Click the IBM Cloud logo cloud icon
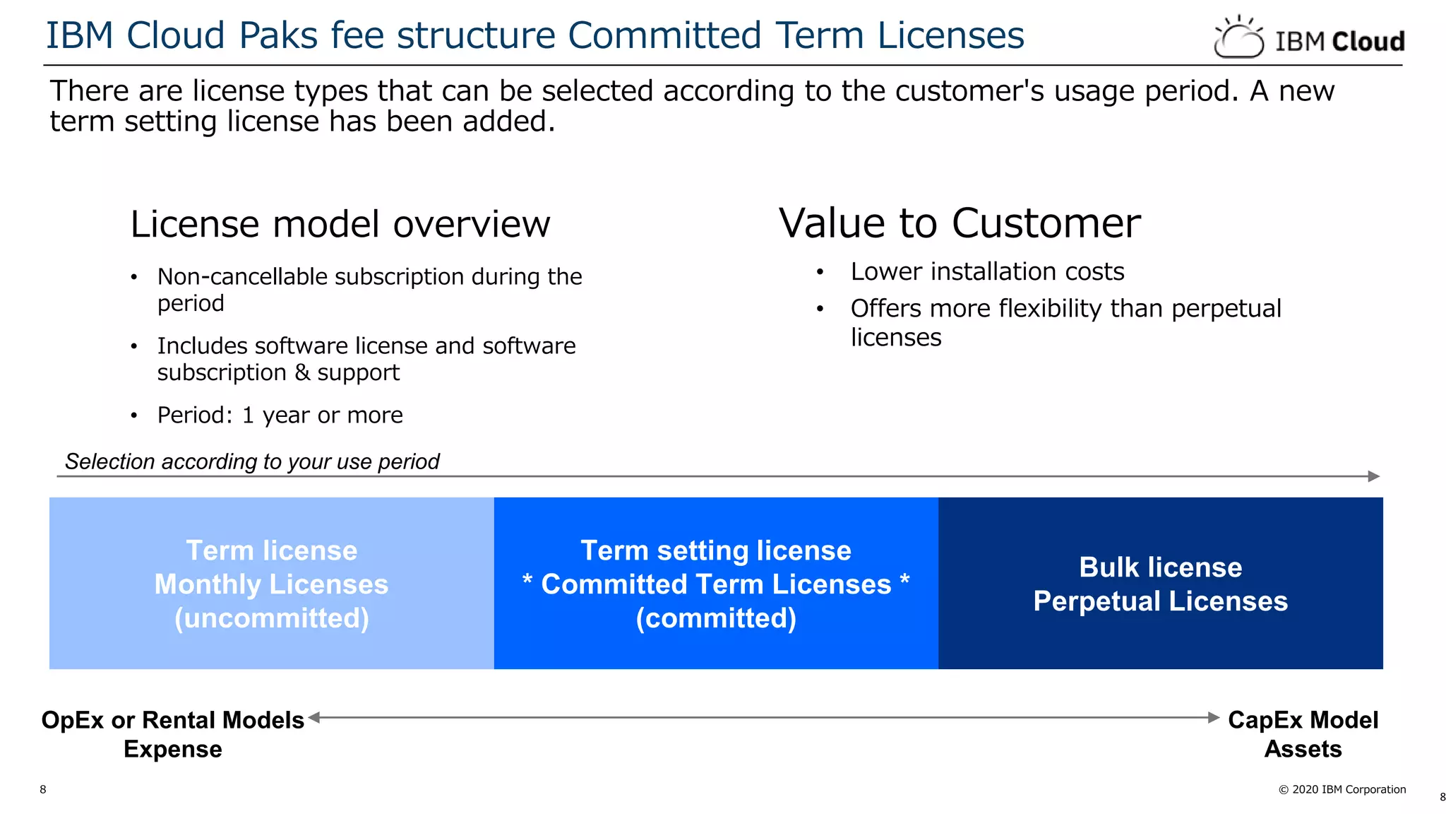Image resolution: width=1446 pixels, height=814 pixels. [x=1238, y=39]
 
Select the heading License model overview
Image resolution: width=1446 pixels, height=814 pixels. [x=340, y=225]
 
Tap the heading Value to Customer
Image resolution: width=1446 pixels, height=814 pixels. [x=959, y=223]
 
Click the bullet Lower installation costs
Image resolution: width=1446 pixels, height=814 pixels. [x=986, y=272]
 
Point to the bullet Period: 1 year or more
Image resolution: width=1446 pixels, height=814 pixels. [x=280, y=415]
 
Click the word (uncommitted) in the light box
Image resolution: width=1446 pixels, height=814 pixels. [x=271, y=619]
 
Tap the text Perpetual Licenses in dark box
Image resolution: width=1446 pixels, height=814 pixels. [x=1160, y=601]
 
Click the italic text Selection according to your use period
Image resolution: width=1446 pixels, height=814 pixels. [x=252, y=462]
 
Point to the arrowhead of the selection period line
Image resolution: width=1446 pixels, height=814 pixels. [x=1373, y=476]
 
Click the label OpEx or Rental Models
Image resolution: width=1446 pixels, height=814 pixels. [x=172, y=720]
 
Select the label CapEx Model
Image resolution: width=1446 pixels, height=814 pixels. [x=1303, y=720]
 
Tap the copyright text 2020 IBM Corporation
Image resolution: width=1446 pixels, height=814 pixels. [x=1348, y=789]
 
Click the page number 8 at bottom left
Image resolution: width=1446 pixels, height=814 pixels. [x=43, y=789]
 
